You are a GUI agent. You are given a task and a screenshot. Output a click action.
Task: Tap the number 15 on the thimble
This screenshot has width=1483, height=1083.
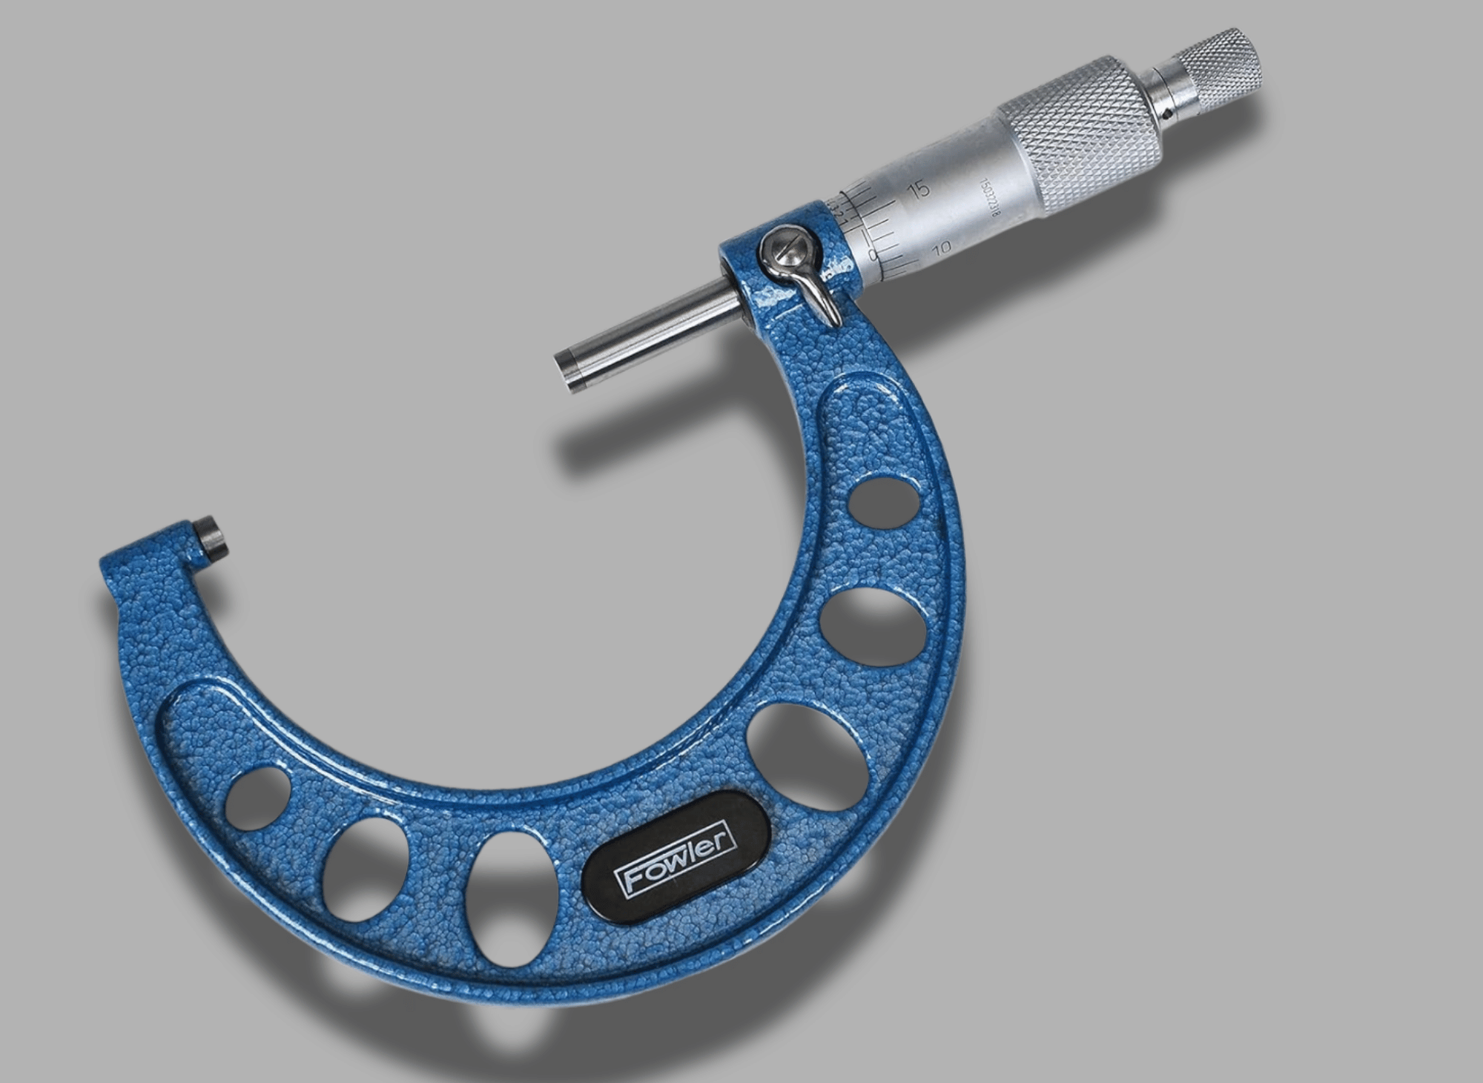pos(919,190)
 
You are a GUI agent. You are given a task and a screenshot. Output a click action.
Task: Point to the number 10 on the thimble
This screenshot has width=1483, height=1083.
pos(942,250)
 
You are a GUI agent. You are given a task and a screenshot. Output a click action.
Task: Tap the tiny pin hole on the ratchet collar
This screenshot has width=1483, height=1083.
pos(1169,115)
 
